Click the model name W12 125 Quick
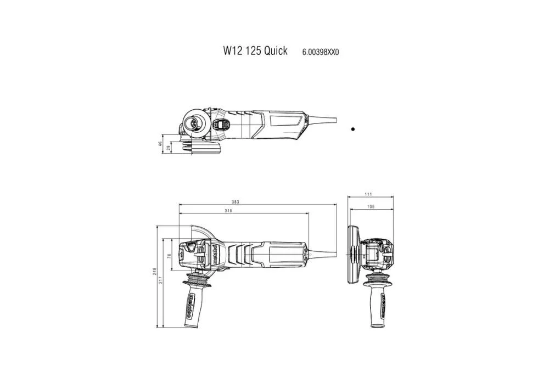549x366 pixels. coord(255,51)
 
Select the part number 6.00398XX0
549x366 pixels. coord(321,52)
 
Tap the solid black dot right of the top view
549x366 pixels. coord(352,129)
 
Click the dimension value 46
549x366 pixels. coord(160,144)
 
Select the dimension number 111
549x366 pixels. coord(368,195)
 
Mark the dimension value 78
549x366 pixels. coord(169,255)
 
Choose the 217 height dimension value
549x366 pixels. coord(161,280)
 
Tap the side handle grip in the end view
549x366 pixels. coord(377,305)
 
